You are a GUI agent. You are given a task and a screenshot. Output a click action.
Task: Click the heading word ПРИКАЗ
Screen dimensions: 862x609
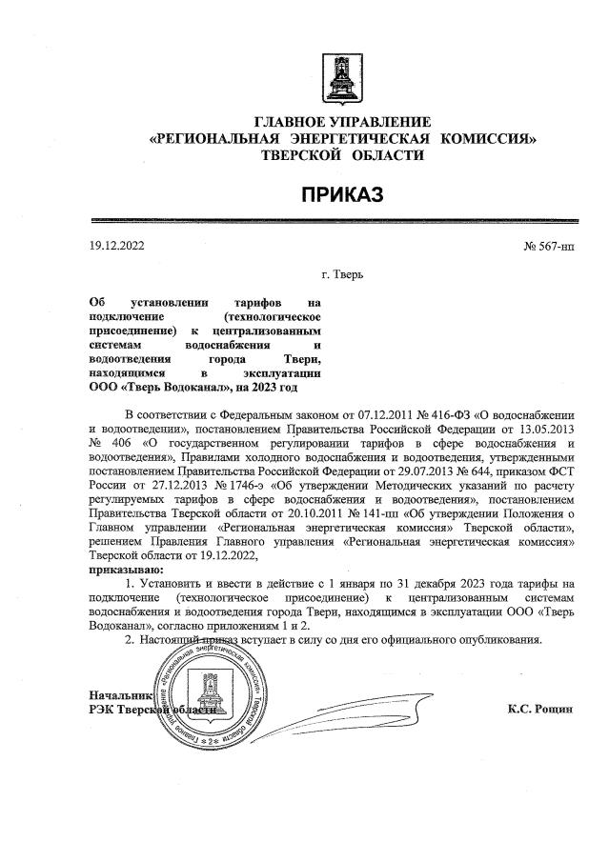tap(341, 195)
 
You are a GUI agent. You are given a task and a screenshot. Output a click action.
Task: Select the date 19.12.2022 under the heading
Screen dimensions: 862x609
tap(115, 246)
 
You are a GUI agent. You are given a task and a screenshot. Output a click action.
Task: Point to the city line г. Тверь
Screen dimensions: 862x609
tap(342, 276)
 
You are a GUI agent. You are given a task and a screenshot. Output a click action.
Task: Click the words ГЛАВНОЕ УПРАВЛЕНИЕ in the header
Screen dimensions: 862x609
tap(341, 123)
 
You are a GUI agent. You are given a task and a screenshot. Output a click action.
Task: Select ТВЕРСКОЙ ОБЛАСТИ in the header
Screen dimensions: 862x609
tap(341, 155)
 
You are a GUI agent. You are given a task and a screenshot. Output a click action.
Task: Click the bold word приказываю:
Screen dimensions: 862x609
tap(124, 569)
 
